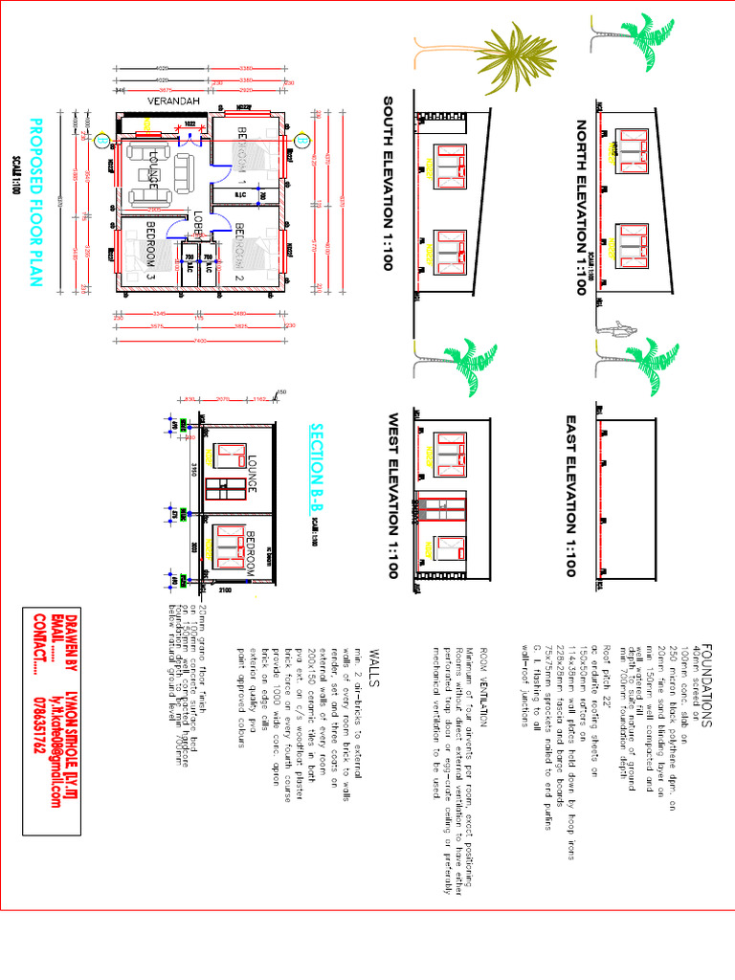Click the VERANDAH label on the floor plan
pyautogui.click(x=173, y=100)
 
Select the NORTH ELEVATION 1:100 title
pyautogui.click(x=580, y=207)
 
